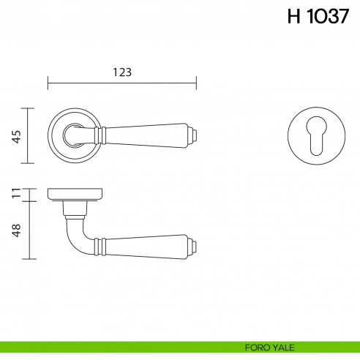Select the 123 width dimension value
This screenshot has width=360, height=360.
click(x=122, y=72)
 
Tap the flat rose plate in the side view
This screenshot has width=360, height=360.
click(x=75, y=194)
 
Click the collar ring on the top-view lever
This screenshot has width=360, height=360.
click(x=103, y=135)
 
